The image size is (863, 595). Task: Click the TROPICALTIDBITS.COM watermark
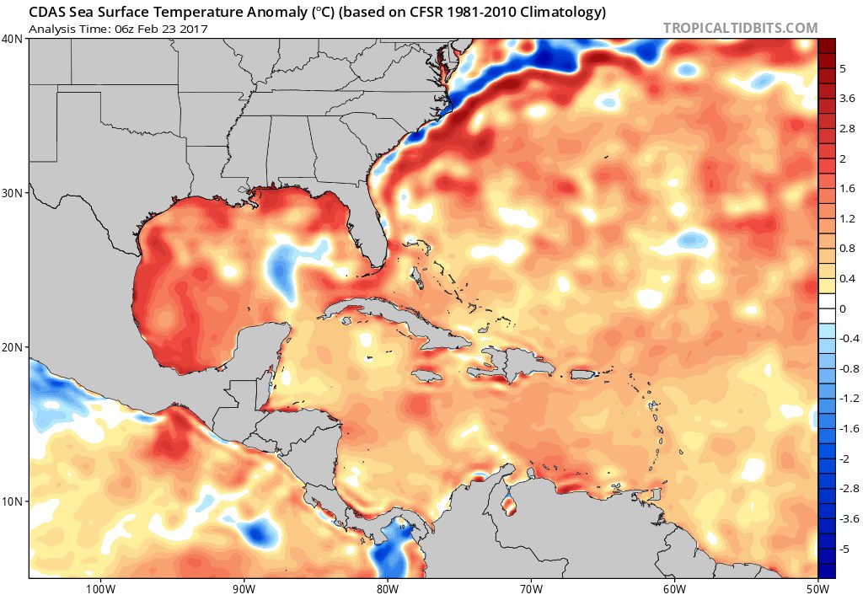pos(740,28)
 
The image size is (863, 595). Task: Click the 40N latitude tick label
pos(13,39)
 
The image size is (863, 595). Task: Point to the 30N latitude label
pos(13,193)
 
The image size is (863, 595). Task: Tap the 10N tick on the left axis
pos(13,501)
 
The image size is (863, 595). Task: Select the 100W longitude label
pos(99,587)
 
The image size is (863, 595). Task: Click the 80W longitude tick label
pos(387,587)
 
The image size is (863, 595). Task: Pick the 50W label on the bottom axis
pos(816,587)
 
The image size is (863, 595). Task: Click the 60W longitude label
pos(673,587)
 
